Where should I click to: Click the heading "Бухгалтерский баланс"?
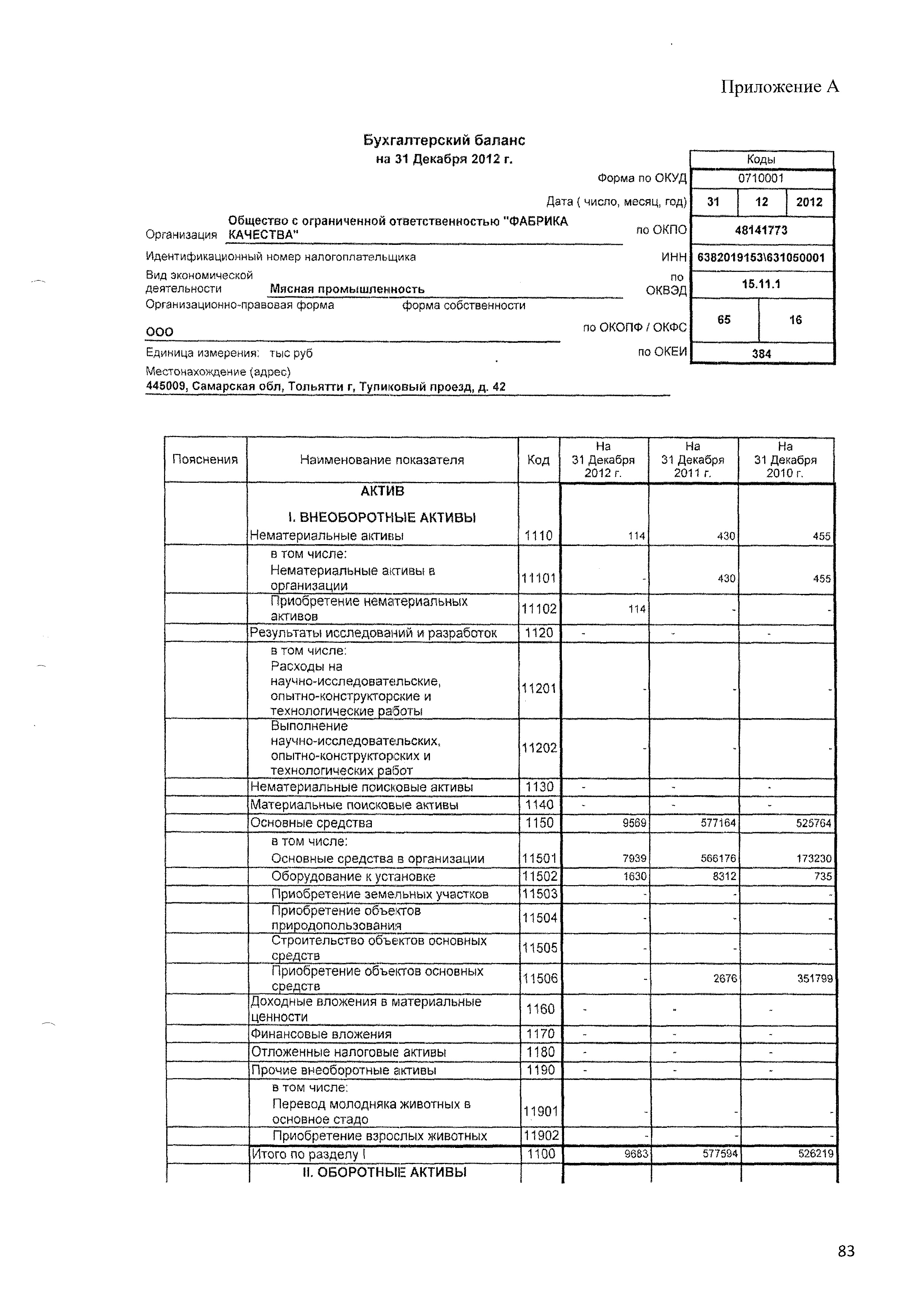[x=444, y=140]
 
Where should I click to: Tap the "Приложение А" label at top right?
[x=780, y=87]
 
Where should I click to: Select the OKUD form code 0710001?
[x=761, y=178]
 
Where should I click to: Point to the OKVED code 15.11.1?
[x=761, y=284]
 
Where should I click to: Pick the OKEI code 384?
[x=761, y=354]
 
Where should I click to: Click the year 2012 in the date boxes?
[x=809, y=202]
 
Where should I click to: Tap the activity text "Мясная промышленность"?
[x=347, y=289]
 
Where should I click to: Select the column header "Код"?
[x=538, y=460]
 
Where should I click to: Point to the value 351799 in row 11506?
[x=815, y=979]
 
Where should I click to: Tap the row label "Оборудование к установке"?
[x=353, y=876]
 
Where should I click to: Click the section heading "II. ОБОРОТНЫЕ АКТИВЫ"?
[x=385, y=1172]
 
